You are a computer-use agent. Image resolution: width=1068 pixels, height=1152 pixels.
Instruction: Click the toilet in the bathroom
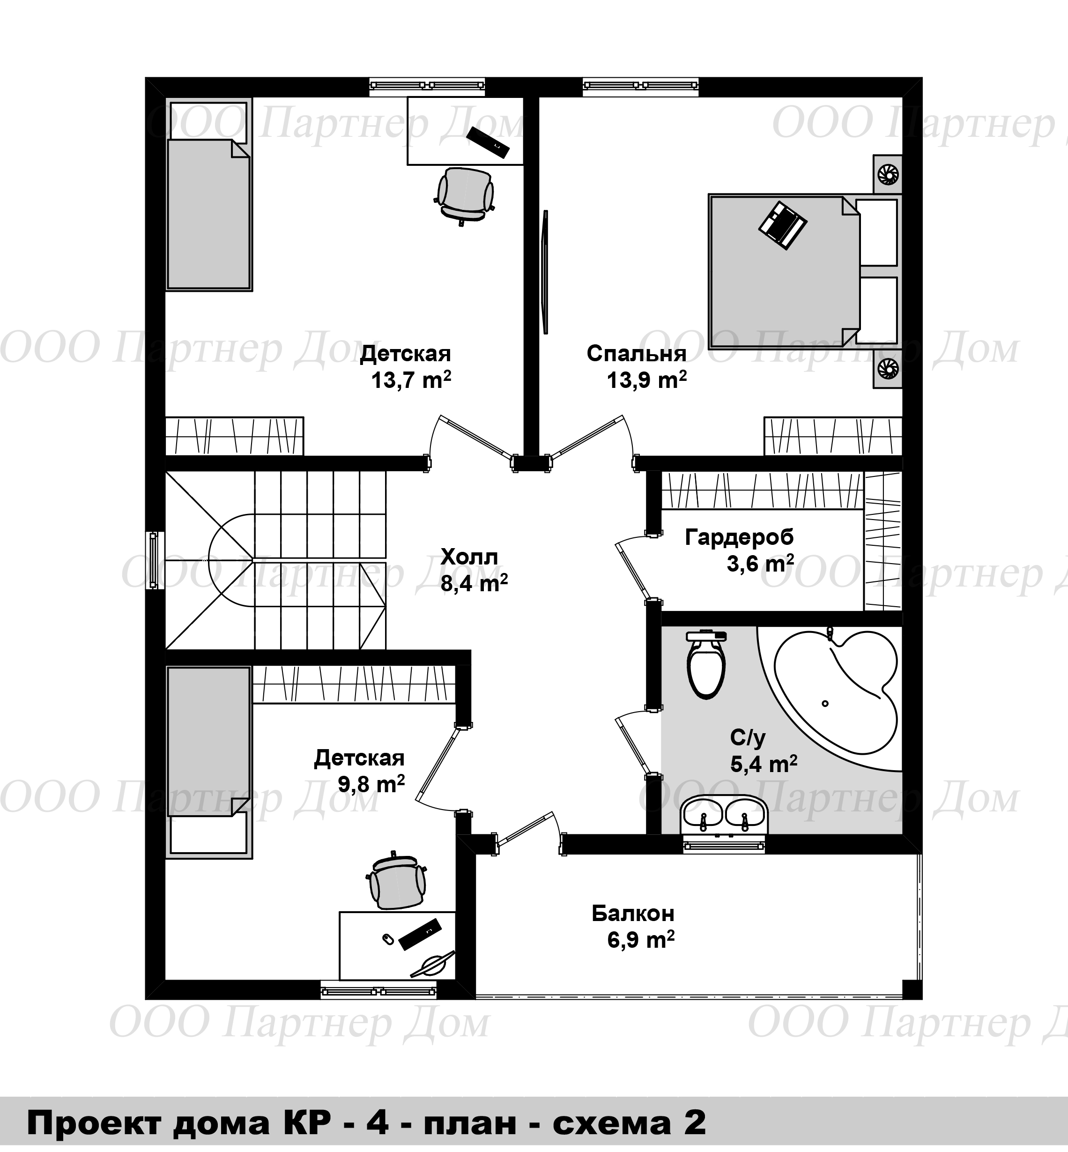(x=705, y=664)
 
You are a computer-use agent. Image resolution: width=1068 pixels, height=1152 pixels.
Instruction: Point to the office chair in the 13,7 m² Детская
(x=464, y=195)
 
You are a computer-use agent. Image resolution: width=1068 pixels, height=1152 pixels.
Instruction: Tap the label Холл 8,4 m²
(x=474, y=570)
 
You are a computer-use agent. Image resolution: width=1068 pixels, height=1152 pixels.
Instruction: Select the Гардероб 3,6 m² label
(x=740, y=550)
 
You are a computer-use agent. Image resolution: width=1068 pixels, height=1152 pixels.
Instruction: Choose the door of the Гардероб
(x=634, y=568)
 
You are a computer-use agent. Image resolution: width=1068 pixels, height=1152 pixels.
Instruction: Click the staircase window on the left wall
(x=153, y=560)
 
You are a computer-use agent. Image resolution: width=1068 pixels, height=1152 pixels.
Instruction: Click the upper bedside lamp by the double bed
(x=887, y=173)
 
